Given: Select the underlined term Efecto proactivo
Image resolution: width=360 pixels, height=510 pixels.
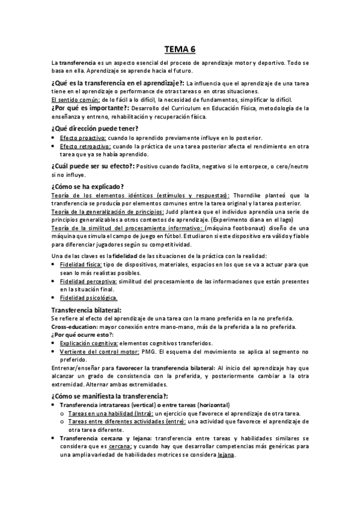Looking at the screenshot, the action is [x=84, y=138].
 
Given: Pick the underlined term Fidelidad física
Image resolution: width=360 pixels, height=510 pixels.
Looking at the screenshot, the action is [x=83, y=264].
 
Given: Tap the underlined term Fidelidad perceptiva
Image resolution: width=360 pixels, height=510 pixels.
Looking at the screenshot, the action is [x=88, y=281].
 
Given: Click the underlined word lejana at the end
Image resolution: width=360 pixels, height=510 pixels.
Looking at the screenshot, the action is [x=227, y=455].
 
